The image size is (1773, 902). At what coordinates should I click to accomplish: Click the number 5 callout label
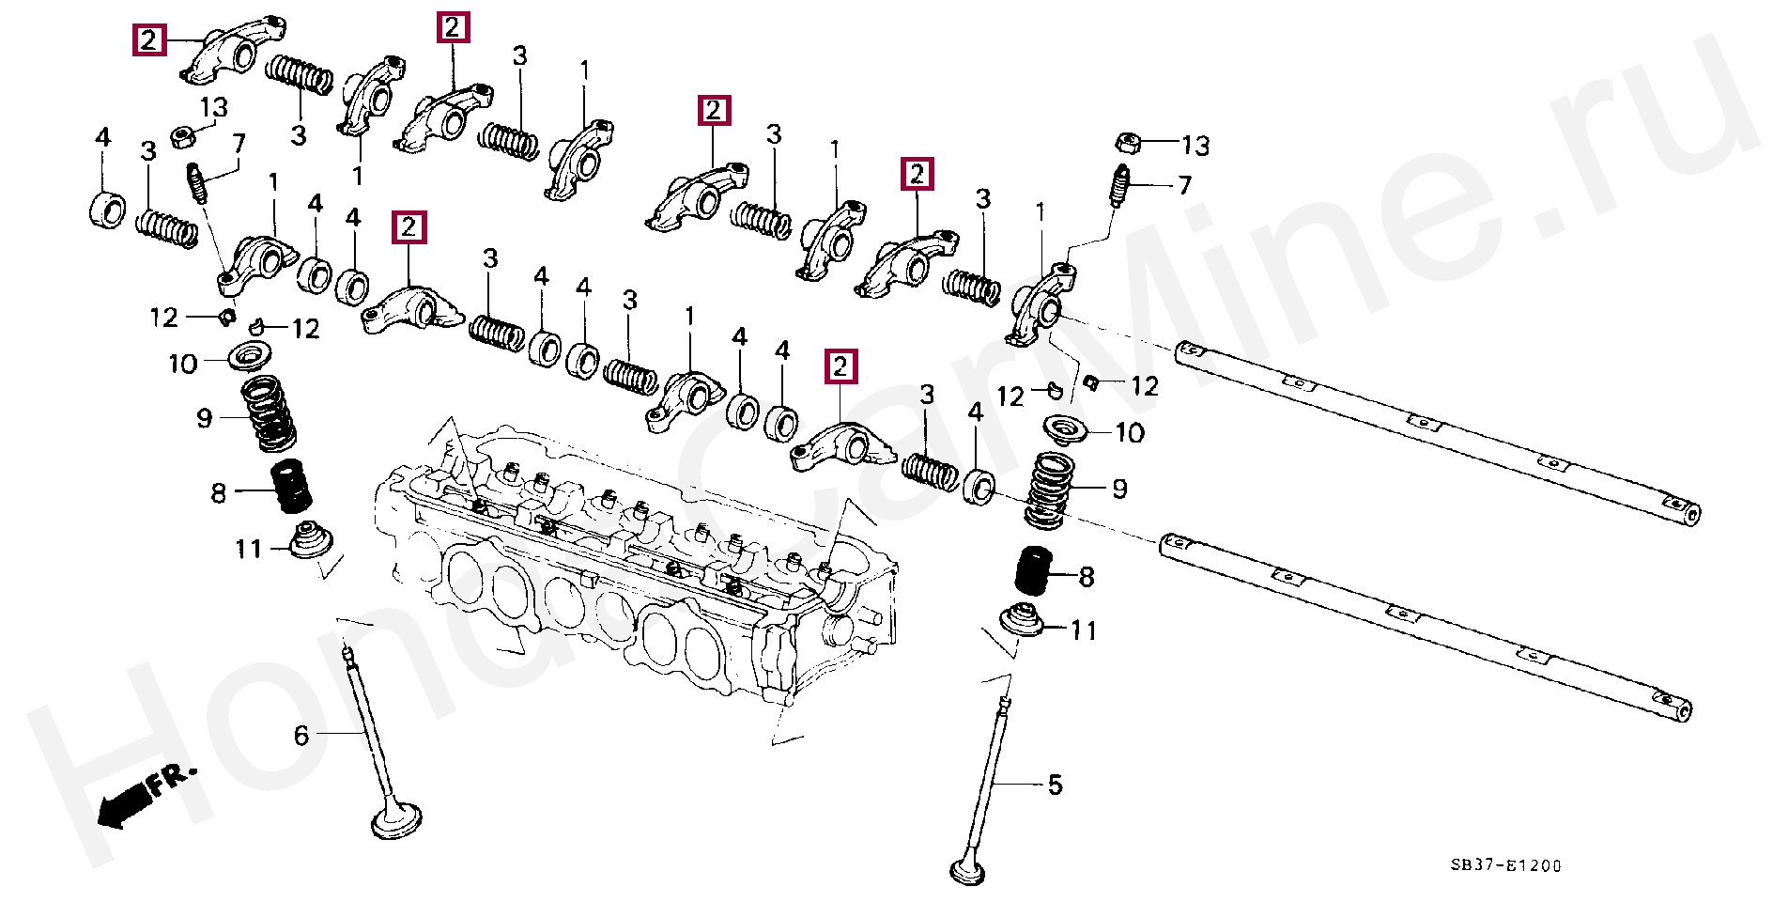point(1055,785)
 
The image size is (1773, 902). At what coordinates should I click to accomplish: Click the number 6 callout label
point(301,736)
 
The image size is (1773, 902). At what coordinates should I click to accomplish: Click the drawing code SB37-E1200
point(1505,865)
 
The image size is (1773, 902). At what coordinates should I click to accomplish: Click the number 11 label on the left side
point(248,549)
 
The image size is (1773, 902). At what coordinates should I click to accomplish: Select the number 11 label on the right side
point(1084,630)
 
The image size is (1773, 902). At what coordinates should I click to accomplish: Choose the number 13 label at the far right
point(1195,146)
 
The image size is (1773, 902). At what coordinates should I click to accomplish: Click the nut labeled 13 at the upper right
point(1128,144)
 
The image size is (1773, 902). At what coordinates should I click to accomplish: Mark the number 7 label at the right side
point(1184,185)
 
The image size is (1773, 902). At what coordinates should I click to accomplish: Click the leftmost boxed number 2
point(148,40)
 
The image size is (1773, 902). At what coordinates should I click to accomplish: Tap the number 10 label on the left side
point(182,364)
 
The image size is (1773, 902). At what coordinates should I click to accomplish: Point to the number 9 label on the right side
point(1119,489)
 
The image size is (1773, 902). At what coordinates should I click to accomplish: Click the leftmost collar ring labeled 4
point(108,209)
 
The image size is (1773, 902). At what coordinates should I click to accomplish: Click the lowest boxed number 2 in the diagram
point(840,365)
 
